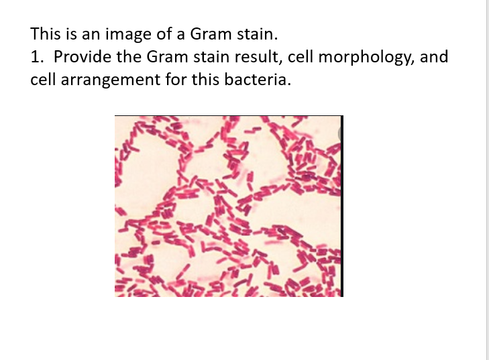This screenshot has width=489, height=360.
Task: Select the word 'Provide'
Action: (x=80, y=56)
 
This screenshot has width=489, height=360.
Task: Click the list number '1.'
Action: (x=38, y=56)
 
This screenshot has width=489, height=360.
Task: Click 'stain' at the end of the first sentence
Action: (x=255, y=34)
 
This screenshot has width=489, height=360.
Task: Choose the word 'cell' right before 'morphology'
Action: (x=300, y=56)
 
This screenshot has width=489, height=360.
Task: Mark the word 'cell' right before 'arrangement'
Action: (x=42, y=80)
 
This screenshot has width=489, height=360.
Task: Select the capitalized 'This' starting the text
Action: (x=44, y=34)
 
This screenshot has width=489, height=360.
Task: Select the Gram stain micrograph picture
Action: (x=228, y=206)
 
